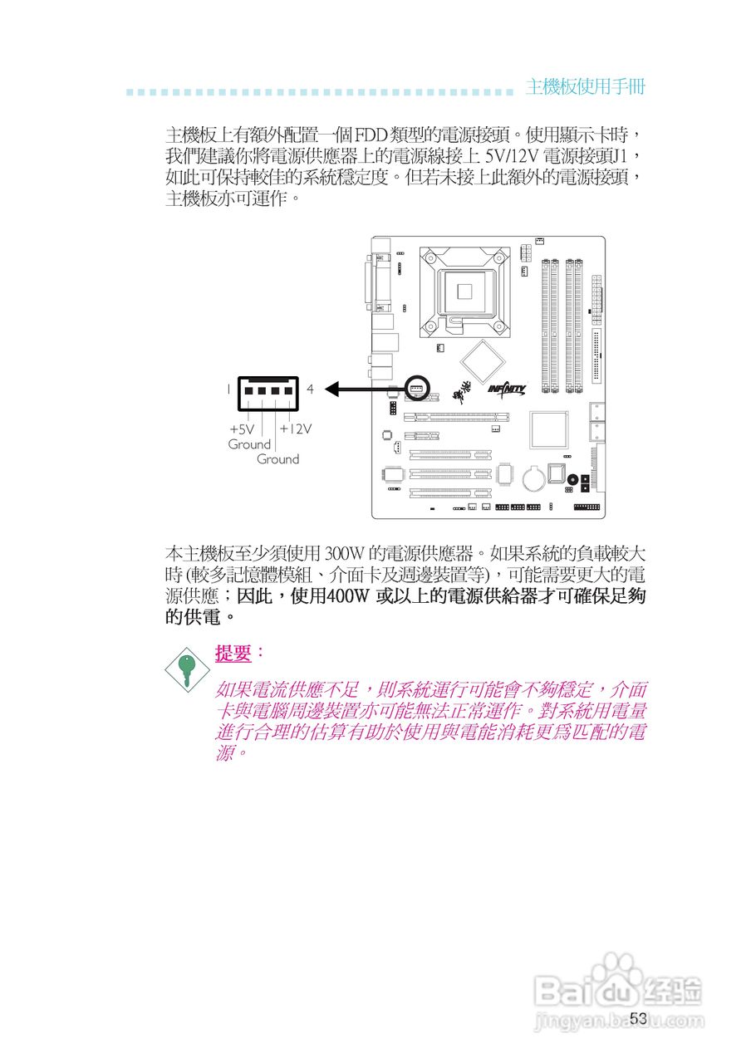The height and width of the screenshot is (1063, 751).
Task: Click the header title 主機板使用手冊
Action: click(x=585, y=87)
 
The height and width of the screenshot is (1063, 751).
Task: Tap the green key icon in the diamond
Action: click(x=186, y=667)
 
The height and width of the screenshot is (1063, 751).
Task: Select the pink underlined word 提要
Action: click(x=233, y=654)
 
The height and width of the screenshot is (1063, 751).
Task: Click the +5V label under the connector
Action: click(x=242, y=429)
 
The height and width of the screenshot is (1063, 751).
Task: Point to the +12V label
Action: click(x=295, y=429)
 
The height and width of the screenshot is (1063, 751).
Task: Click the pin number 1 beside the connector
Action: click(x=228, y=389)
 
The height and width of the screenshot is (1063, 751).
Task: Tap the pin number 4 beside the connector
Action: click(x=310, y=389)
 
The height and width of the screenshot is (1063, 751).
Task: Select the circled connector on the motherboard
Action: click(x=417, y=388)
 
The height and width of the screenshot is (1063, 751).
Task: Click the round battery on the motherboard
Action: click(x=536, y=476)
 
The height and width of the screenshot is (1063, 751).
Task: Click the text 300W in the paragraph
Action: click(x=341, y=553)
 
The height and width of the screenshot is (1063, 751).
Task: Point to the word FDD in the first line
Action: click(x=370, y=134)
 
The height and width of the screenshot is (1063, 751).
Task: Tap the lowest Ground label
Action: click(x=277, y=459)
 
